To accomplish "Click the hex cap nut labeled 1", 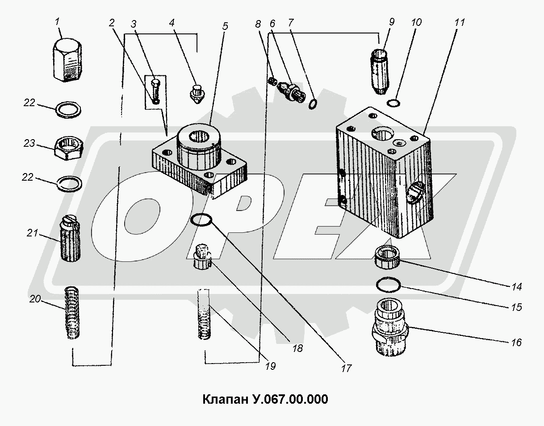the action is [x=67, y=60].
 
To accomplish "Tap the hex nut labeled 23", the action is [x=69, y=149].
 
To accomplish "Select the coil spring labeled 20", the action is [x=72, y=313].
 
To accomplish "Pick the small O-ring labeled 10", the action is [x=393, y=103].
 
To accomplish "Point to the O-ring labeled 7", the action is [x=313, y=104].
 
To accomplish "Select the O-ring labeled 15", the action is [x=388, y=285].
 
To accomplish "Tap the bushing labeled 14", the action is [x=387, y=257].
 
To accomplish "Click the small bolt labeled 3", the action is [x=156, y=90].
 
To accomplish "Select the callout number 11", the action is [x=460, y=23].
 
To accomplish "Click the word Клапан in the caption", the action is [x=224, y=399].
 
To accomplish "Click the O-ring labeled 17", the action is [x=201, y=220].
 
